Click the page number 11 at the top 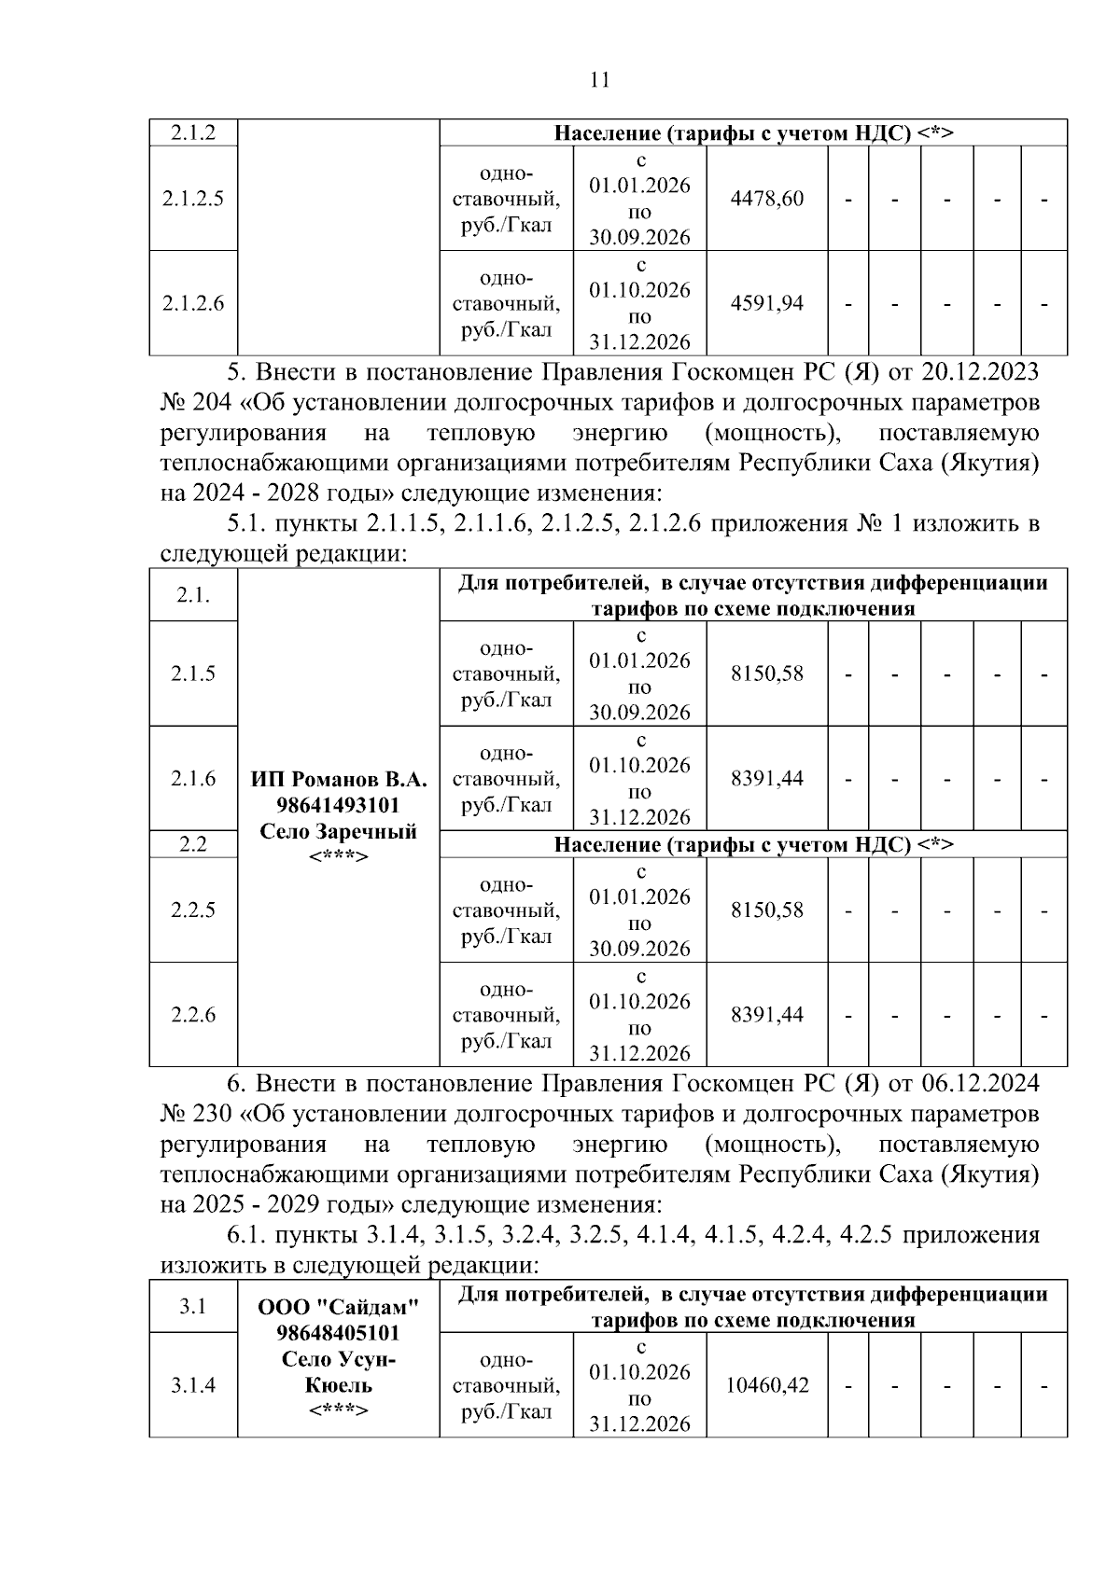coord(600,80)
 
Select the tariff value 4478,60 coord(766,199)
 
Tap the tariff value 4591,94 coord(766,303)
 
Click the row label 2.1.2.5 coord(193,199)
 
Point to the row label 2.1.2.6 coord(193,303)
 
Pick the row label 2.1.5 coord(193,673)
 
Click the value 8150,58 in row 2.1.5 coord(766,673)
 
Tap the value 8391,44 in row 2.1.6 coord(766,778)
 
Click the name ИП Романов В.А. coord(338,779)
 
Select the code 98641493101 coord(338,805)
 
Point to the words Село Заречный coord(338,831)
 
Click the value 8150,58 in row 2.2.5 coord(766,910)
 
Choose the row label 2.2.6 coord(193,1015)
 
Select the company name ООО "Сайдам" coord(338,1307)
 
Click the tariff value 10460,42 coord(766,1385)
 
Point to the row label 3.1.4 coord(193,1385)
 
